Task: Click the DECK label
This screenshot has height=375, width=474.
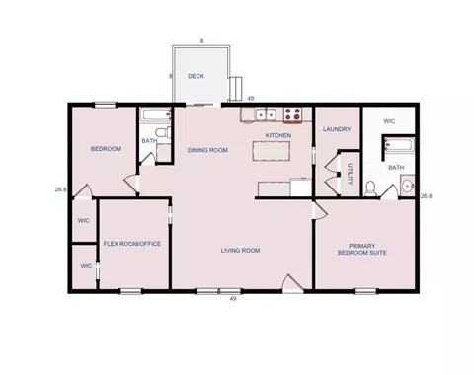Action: pyautogui.click(x=196, y=76)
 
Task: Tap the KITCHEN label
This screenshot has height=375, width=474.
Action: pyautogui.click(x=278, y=135)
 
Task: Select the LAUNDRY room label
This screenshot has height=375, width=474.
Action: pyautogui.click(x=337, y=129)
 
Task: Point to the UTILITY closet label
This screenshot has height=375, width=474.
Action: pyautogui.click(x=350, y=174)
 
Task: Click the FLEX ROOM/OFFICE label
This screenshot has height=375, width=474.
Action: pyautogui.click(x=132, y=244)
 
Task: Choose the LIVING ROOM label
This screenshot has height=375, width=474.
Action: pyautogui.click(x=240, y=251)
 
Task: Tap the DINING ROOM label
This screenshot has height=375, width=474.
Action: pyautogui.click(x=207, y=150)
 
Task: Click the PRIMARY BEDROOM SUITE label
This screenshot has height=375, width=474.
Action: pyautogui.click(x=362, y=249)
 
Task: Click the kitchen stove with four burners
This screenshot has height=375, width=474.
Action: pyautogui.click(x=292, y=114)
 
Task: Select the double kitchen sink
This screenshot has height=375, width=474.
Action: pyautogui.click(x=266, y=114)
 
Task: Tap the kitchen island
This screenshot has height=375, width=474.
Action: pyautogui.click(x=272, y=151)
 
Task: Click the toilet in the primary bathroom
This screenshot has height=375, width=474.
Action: pyautogui.click(x=370, y=188)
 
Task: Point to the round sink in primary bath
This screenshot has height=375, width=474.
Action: pyautogui.click(x=408, y=187)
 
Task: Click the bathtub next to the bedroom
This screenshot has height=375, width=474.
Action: pyautogui.click(x=156, y=114)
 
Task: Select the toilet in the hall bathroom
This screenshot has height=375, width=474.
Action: pyautogui.click(x=164, y=132)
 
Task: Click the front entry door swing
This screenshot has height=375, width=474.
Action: pyautogui.click(x=292, y=282)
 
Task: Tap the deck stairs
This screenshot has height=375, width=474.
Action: pyautogui.click(x=236, y=89)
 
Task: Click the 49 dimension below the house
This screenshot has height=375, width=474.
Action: pyautogui.click(x=233, y=299)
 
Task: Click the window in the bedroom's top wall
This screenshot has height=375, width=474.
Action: pyautogui.click(x=106, y=105)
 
